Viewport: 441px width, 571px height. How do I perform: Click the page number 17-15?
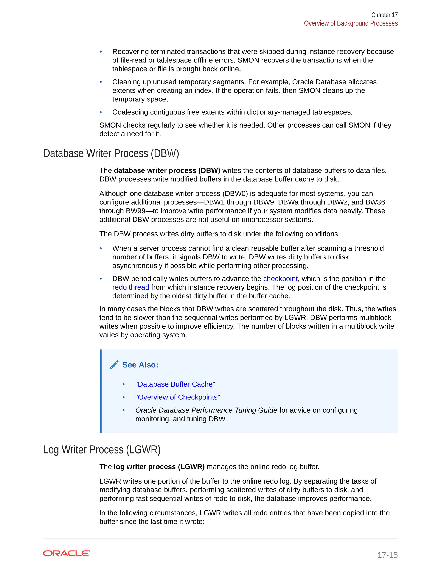point(387,555)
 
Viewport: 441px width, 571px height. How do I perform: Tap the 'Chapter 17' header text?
point(384,15)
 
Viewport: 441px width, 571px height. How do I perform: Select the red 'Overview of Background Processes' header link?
point(351,23)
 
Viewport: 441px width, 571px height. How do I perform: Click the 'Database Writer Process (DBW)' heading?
point(111,153)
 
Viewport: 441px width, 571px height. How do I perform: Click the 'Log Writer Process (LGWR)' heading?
point(102,450)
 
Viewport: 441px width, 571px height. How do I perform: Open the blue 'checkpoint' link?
point(280,278)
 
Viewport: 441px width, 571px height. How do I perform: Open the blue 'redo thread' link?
point(131,287)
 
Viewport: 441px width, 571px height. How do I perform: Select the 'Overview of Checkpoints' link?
point(178,397)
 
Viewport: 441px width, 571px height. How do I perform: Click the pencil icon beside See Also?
point(114,365)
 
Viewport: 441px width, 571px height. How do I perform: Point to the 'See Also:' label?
point(140,365)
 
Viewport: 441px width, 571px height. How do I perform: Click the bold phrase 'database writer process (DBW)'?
point(167,170)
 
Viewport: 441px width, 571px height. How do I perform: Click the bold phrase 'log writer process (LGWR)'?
point(159,467)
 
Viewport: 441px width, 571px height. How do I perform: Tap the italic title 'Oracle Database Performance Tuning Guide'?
point(206,410)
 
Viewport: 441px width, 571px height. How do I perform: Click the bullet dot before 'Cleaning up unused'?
point(101,82)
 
